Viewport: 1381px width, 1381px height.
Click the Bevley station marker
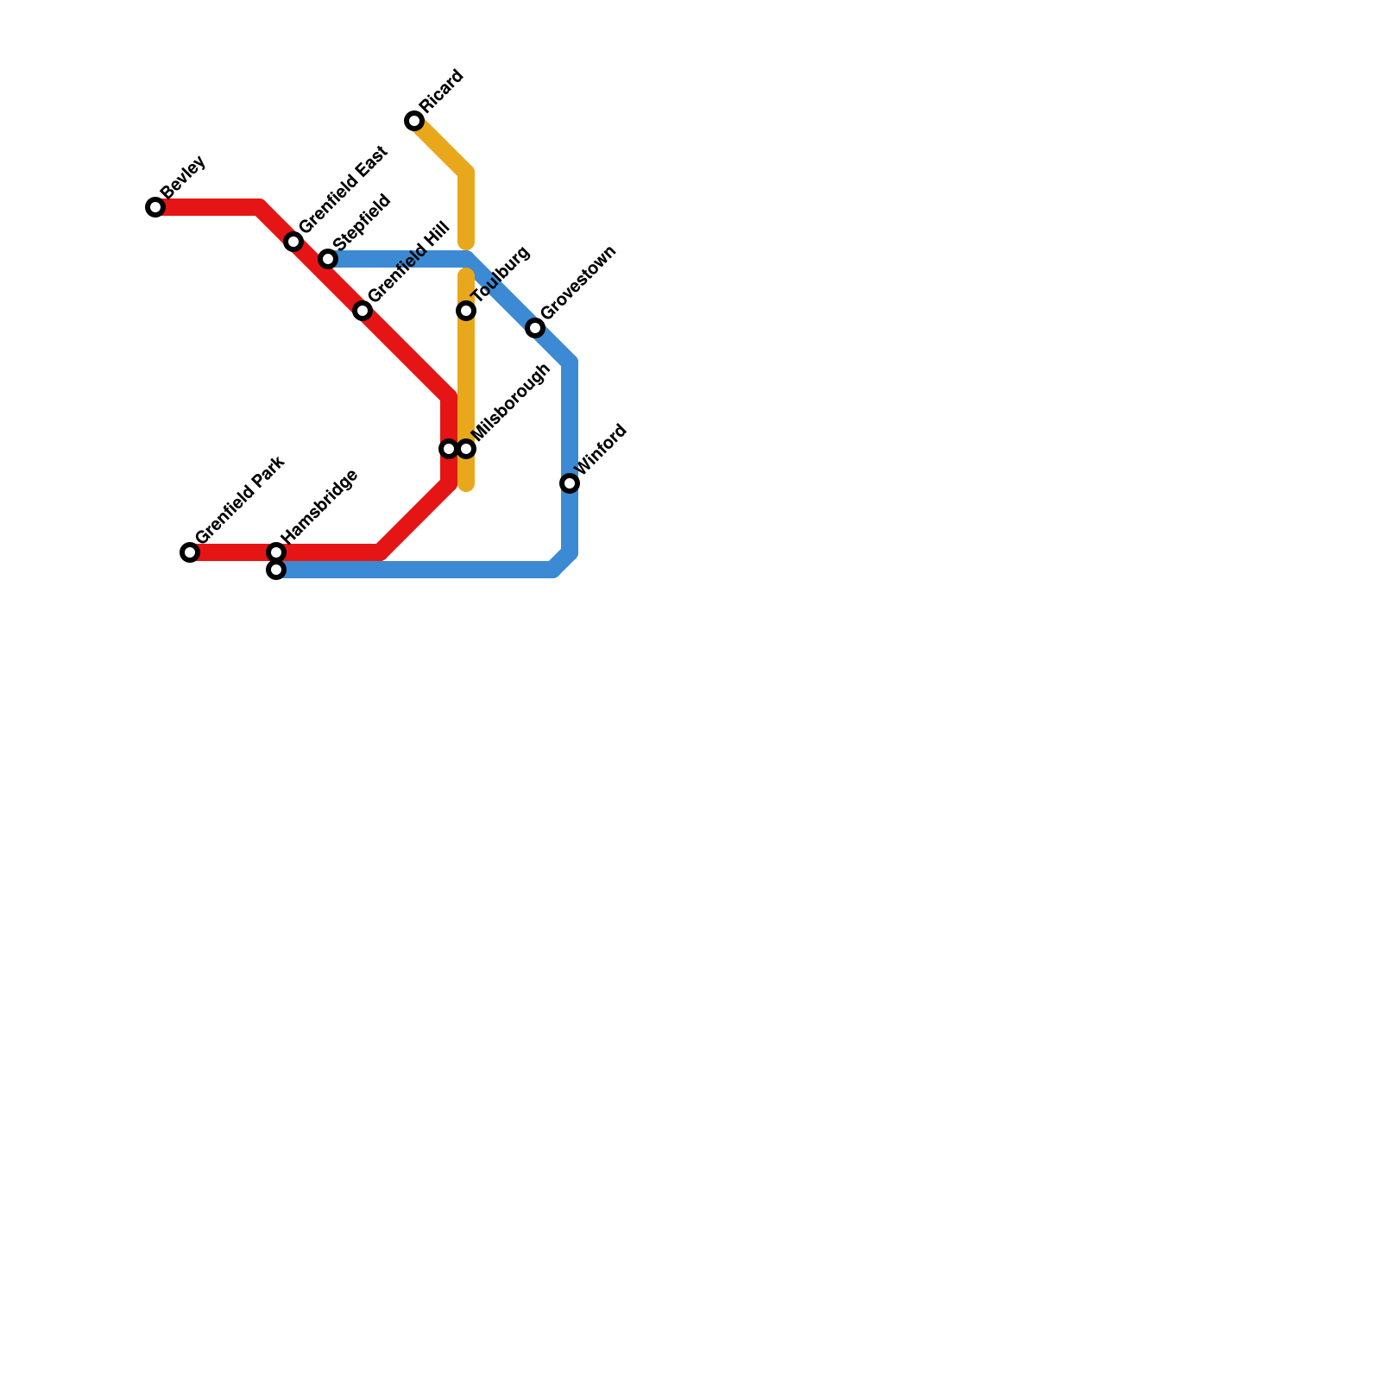coord(155,207)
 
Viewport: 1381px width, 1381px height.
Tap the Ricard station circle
coord(414,121)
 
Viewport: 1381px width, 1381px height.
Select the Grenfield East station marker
coord(293,242)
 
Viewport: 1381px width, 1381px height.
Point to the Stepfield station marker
coord(328,259)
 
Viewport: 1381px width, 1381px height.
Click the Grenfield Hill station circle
coord(363,311)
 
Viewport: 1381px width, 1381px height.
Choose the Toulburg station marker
coord(466,311)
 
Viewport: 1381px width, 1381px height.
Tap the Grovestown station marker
coord(535,328)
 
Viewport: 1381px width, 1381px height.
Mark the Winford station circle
coord(570,483)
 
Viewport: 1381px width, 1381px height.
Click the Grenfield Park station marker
coord(190,552)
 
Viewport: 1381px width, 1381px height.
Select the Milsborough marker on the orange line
coord(467,449)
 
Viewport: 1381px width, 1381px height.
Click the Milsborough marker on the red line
coord(448,449)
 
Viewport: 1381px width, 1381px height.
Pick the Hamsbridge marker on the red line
coord(276,552)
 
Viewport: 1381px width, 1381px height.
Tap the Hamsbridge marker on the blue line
coord(276,571)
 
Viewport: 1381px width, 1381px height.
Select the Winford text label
coord(601,450)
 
